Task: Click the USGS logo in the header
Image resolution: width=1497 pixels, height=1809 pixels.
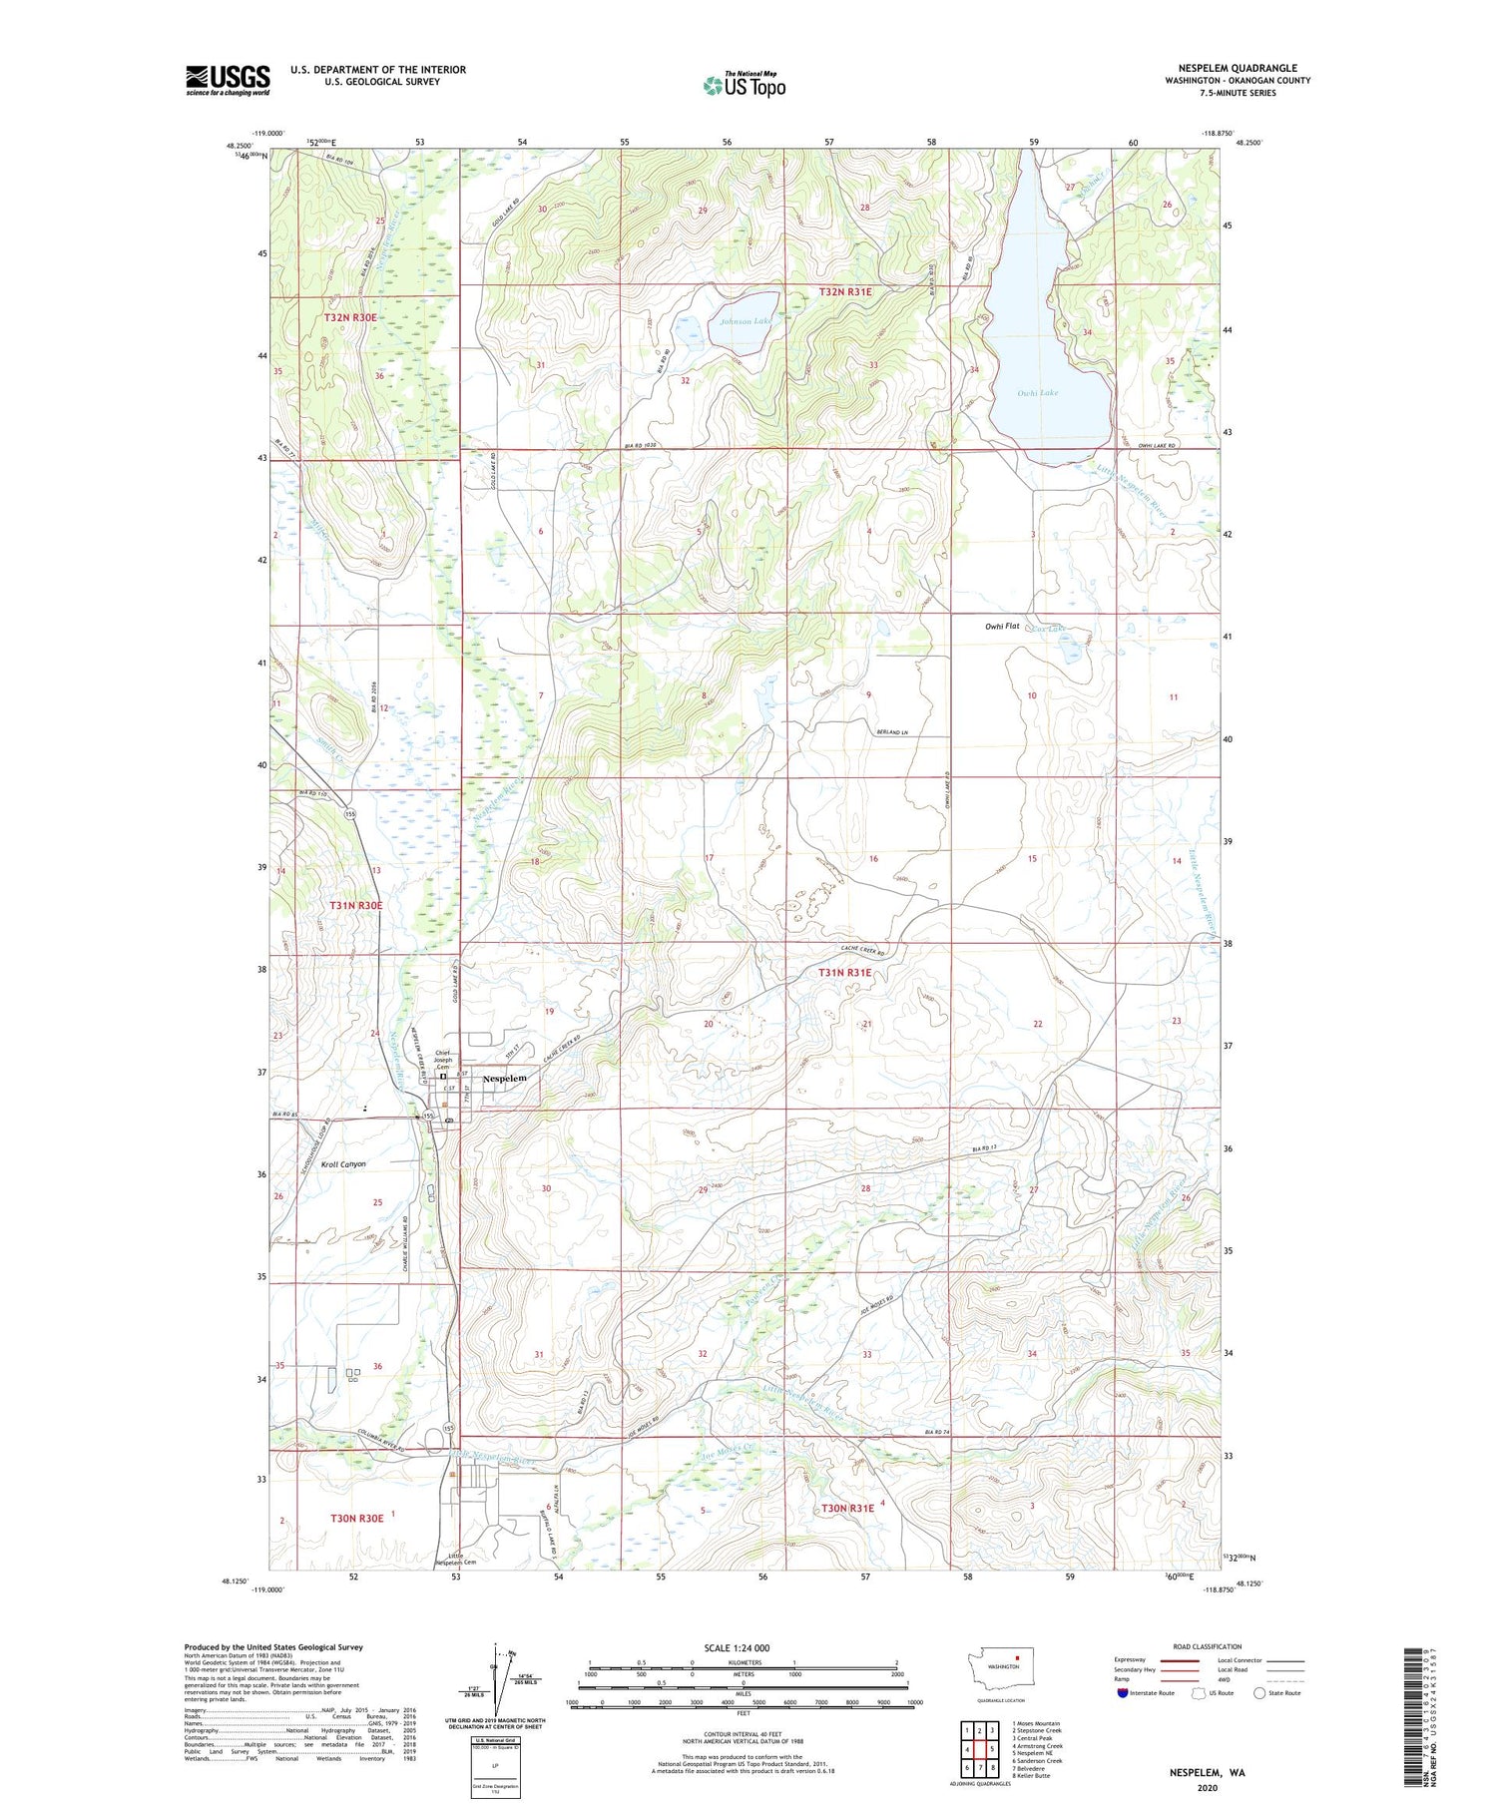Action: [x=228, y=80]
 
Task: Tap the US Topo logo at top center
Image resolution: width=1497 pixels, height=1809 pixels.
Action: [x=744, y=86]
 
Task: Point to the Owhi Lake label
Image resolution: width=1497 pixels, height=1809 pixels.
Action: [x=1037, y=393]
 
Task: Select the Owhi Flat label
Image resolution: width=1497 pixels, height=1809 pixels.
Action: [x=1002, y=627]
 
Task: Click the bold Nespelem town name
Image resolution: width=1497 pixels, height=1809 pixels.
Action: [x=504, y=1079]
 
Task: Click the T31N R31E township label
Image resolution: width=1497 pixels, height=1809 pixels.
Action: [x=845, y=972]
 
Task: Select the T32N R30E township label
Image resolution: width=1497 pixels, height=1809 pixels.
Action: [x=350, y=317]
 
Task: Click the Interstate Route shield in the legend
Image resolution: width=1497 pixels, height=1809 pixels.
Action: [x=1123, y=1692]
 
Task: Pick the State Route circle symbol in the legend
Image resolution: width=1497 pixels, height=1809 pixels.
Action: [x=1259, y=1692]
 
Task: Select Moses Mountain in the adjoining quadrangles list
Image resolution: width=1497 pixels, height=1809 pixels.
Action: [x=1038, y=1723]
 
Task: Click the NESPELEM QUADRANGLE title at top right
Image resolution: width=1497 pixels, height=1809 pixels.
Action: [x=1238, y=68]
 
